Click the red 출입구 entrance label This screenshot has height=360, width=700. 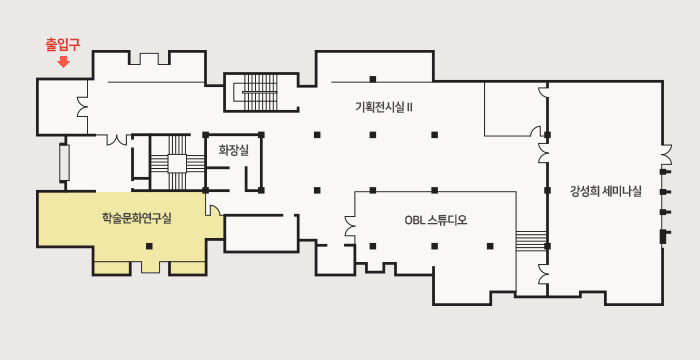(x=62, y=44)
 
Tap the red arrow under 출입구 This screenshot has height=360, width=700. (x=62, y=62)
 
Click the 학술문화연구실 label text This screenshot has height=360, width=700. (x=137, y=218)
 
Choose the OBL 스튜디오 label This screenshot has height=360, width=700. (x=435, y=220)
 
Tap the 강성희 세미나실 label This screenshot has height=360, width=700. (x=605, y=190)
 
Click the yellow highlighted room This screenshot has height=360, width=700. (x=130, y=230)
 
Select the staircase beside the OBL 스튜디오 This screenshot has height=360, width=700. (x=530, y=241)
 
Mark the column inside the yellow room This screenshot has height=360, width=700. (x=149, y=246)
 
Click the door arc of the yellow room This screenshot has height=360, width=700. (x=213, y=207)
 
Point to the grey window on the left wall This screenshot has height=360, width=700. (x=64, y=162)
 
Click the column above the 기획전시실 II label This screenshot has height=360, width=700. (x=372, y=79)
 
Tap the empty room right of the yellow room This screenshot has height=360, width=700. (x=261, y=232)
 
